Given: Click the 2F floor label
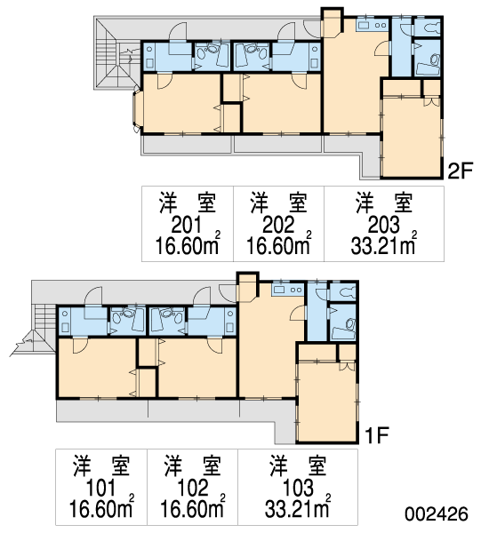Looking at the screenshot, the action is coord(461,171).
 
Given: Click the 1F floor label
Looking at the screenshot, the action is coord(376,434).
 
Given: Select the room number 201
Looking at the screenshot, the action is coord(187,225).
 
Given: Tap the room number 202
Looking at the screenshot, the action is coord(278,225).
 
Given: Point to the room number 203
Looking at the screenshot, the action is coord(384,225).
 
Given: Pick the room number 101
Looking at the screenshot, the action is coord(100,488).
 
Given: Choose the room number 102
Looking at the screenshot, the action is coord(192,488).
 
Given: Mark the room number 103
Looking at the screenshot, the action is coord(298,488).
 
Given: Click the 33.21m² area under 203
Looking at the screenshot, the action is coord(384,244).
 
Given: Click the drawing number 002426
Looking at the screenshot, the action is coord(437,513).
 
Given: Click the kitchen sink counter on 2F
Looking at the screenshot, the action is coord(373,25).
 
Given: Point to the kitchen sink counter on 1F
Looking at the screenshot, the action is coord(287,290).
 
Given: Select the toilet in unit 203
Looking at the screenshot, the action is coord(429,28).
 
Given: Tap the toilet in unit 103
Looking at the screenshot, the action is coord(344,292).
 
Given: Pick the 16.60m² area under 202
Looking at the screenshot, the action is coord(278,244).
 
